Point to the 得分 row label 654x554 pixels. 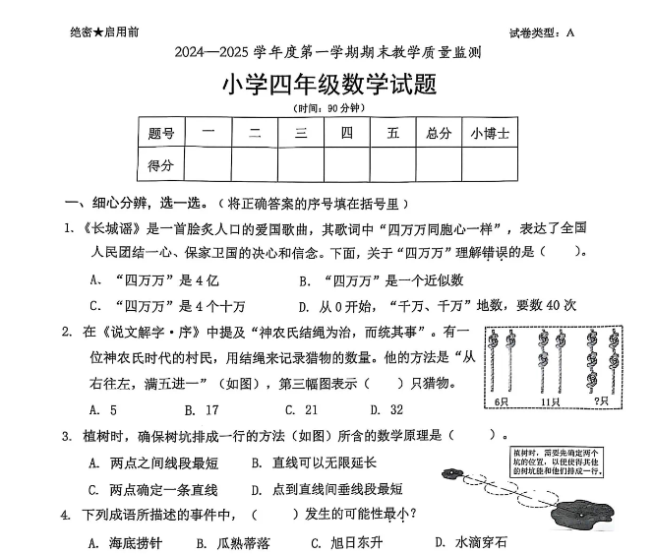pos(161,165)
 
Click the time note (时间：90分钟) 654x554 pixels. pos(328,107)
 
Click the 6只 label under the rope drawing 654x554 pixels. pos(502,401)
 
